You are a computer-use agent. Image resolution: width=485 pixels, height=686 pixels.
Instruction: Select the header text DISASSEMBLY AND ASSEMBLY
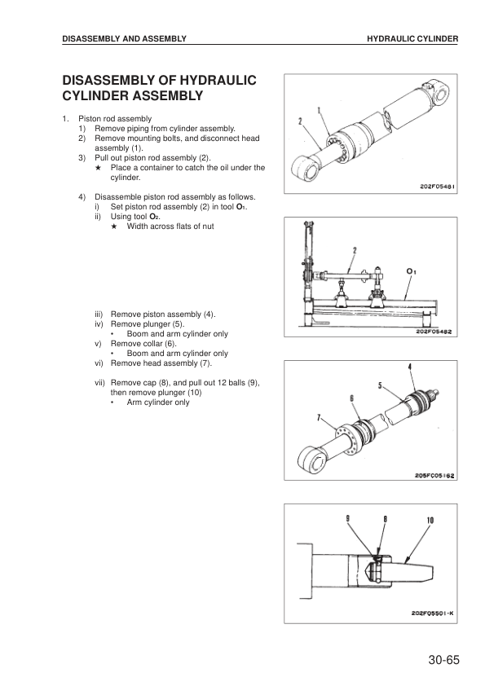tap(125, 38)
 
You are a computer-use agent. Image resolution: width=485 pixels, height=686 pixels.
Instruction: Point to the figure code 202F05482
tap(433, 331)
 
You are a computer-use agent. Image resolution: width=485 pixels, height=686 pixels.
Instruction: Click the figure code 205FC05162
tap(434, 476)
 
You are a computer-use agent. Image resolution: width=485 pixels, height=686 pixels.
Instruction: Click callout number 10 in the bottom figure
tap(429, 519)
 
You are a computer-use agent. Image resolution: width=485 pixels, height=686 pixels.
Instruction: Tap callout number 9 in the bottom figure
tap(346, 519)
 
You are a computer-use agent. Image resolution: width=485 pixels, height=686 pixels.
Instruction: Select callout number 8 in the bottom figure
tap(383, 519)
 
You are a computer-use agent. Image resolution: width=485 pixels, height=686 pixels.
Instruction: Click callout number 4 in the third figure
tap(410, 367)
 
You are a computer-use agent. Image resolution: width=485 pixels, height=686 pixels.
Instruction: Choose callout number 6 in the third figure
tap(352, 398)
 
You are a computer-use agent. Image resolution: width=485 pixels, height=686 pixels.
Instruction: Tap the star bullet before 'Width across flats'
tap(114, 226)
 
